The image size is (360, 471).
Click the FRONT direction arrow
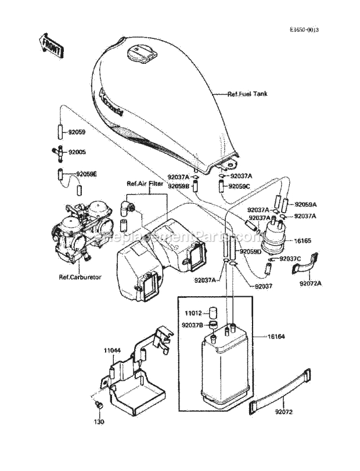pyautogui.click(x=51, y=45)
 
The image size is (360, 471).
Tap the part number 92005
pyautogui.click(x=77, y=152)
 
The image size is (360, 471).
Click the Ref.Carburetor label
pyautogui.click(x=80, y=277)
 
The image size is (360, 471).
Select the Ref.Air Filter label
pyautogui.click(x=145, y=184)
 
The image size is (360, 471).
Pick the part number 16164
pyautogui.click(x=277, y=336)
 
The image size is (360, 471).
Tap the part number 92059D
pyautogui.click(x=251, y=251)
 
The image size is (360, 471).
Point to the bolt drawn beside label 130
pyautogui.click(x=98, y=404)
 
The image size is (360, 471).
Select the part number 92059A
pyautogui.click(x=306, y=204)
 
